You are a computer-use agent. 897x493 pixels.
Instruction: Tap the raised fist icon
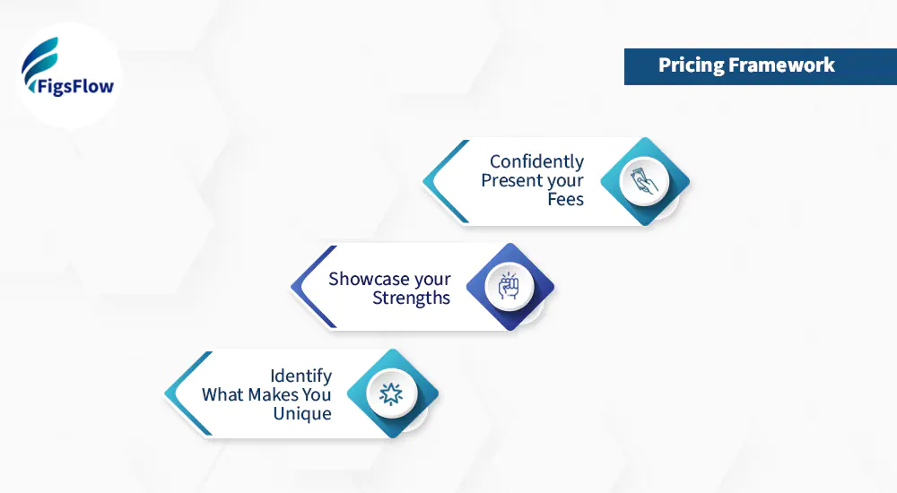coord(509,286)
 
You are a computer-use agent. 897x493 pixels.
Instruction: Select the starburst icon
coord(391,394)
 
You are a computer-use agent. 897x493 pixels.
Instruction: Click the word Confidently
coord(536,162)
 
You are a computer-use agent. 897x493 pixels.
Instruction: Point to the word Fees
coord(565,200)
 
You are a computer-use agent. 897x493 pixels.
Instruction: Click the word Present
coord(511,181)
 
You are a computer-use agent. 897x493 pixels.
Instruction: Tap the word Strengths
coord(411,298)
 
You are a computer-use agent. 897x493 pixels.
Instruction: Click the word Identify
coord(301,376)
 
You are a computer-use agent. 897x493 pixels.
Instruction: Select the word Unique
coord(302,414)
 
